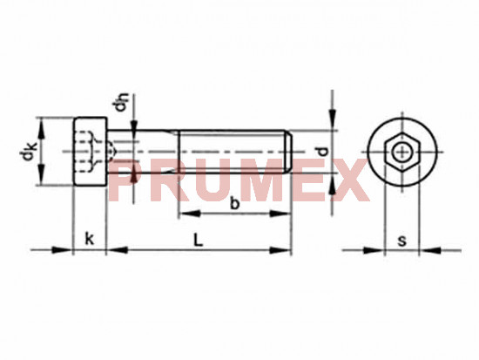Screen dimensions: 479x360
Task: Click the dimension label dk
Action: [28, 152]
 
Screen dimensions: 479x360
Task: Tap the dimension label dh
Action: [120, 101]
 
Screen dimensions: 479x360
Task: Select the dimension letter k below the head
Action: [89, 239]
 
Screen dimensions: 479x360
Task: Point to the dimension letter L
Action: [199, 240]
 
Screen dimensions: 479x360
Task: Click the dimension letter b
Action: [234, 203]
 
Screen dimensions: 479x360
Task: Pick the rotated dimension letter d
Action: [322, 152]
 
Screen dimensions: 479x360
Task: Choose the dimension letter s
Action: [402, 241]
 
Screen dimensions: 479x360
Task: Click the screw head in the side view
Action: [90, 152]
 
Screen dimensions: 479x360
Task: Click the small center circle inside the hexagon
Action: [402, 152]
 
